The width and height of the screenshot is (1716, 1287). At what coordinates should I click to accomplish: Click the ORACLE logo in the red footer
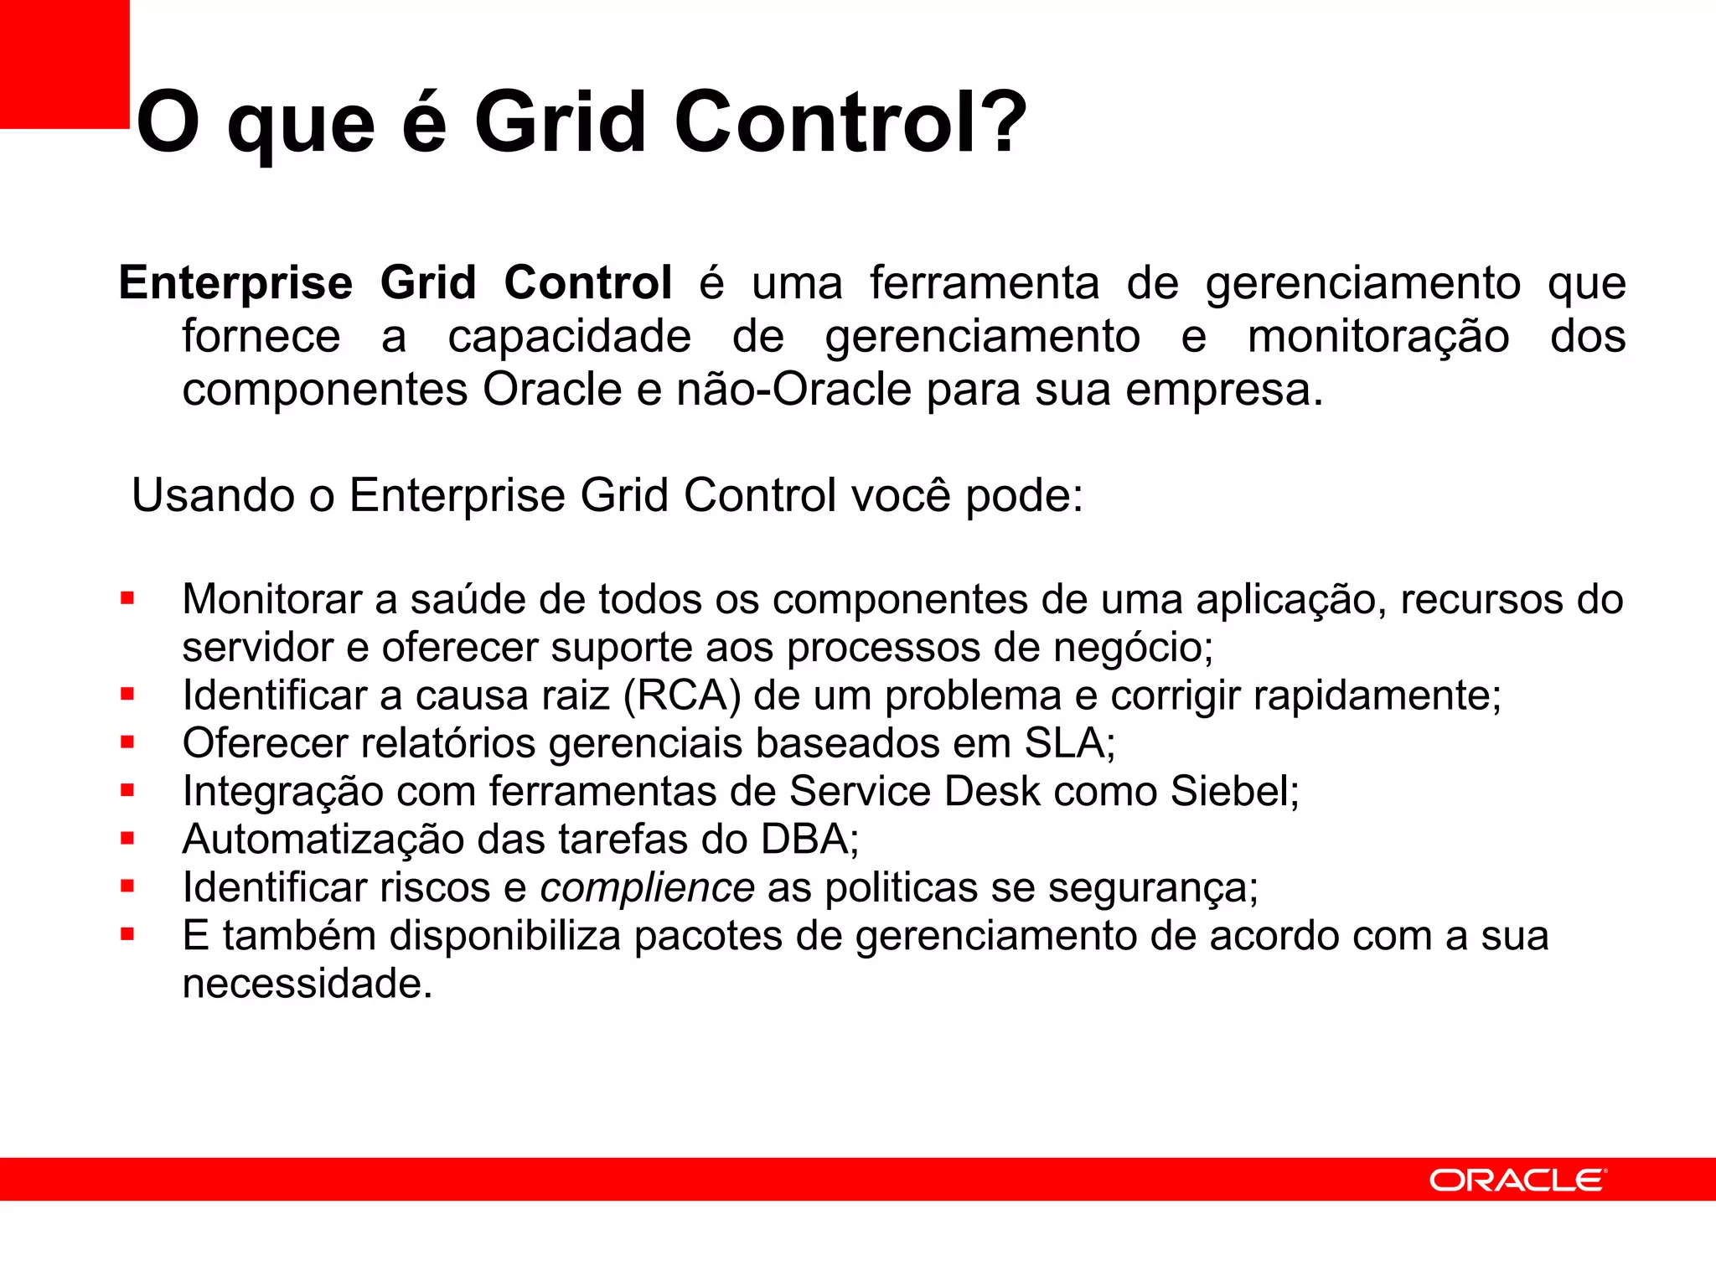(x=1517, y=1180)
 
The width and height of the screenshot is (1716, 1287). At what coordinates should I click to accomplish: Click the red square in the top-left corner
(x=65, y=64)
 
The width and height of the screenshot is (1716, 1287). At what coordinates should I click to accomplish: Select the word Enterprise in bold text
(x=235, y=282)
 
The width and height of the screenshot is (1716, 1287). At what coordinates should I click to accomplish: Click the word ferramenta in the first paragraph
(x=984, y=282)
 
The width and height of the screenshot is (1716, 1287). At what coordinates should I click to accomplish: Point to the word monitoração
(x=1378, y=337)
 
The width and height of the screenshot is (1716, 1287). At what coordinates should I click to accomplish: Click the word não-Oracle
(x=793, y=390)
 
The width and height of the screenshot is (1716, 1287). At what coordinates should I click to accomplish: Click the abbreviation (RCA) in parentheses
(x=682, y=695)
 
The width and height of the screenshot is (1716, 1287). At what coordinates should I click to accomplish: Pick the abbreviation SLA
(x=1068, y=743)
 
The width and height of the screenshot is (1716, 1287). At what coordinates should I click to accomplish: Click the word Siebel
(x=1233, y=791)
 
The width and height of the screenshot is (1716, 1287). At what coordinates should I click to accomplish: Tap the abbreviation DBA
(x=809, y=839)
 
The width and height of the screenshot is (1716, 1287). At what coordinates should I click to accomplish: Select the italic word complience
(x=647, y=887)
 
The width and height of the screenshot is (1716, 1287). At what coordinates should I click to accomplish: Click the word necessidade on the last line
(x=307, y=984)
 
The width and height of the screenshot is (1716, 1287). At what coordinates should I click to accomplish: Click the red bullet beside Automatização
(x=127, y=838)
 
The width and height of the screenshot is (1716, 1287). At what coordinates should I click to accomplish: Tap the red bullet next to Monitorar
(x=127, y=598)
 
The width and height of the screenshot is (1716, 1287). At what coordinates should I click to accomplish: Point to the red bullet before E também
(x=127, y=934)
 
